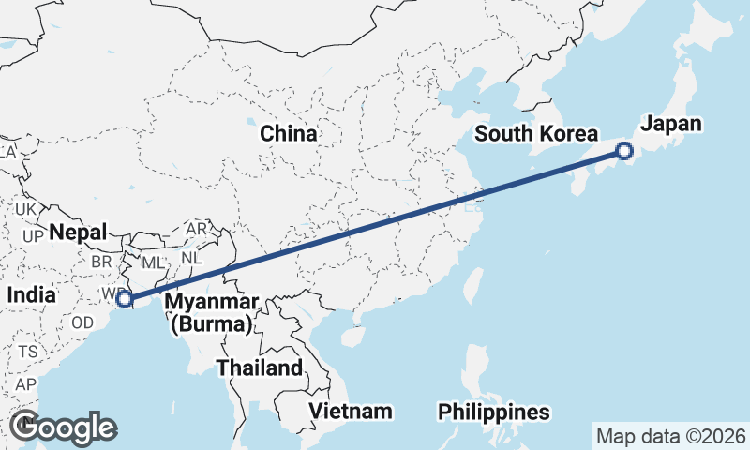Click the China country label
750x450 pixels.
(x=288, y=133)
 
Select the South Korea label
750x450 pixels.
(x=535, y=133)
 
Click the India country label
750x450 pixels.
(x=30, y=294)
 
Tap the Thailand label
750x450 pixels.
(x=260, y=367)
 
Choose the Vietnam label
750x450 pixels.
(x=352, y=412)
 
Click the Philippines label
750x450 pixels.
(x=493, y=412)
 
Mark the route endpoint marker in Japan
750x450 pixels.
(x=624, y=150)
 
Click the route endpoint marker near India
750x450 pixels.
(x=125, y=299)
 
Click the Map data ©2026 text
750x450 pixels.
(x=671, y=436)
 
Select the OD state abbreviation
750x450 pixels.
(x=82, y=322)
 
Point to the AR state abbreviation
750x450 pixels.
(x=197, y=229)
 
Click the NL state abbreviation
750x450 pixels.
(x=191, y=256)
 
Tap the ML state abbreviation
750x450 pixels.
(x=152, y=262)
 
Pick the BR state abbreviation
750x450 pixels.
(x=100, y=262)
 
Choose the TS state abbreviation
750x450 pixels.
(x=27, y=352)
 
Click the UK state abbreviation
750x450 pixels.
(x=25, y=208)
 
